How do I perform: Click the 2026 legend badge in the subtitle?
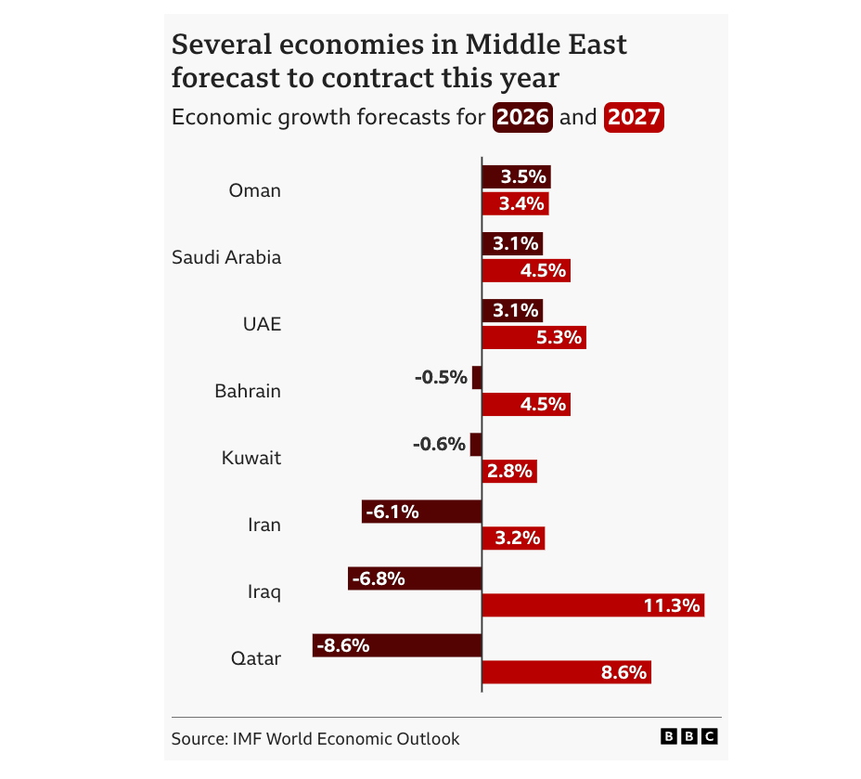point(523,118)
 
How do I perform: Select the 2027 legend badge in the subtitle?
point(634,118)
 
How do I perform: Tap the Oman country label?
point(254,190)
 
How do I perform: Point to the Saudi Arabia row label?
point(226,257)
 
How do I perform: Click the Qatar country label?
point(255,658)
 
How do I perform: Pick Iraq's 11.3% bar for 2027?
point(593,605)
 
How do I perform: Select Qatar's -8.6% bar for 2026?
point(397,645)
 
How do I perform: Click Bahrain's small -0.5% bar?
point(477,378)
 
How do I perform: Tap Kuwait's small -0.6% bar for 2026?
point(476,445)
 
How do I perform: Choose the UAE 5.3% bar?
point(533,337)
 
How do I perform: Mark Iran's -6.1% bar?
point(421,512)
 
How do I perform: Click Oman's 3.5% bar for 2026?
point(516,177)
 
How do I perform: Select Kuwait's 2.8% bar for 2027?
point(509,471)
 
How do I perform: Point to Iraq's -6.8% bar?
point(415,578)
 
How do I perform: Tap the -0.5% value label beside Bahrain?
point(441,378)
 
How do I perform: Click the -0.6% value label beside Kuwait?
point(439,445)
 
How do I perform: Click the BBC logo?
point(688,736)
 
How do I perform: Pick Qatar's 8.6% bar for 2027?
point(566,672)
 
